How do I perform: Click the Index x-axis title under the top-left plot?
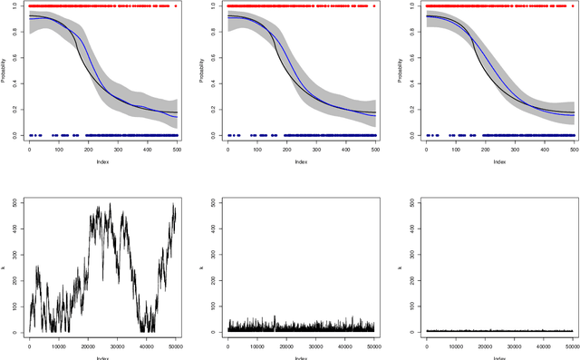tap(102, 163)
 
